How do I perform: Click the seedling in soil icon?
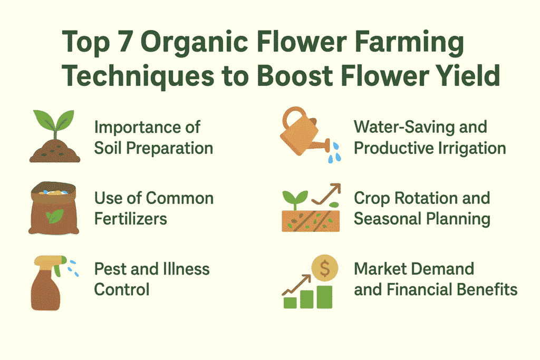point(54,136)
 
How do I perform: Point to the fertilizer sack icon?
point(54,208)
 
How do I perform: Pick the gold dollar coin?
point(324,268)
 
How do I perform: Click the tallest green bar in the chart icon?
point(324,297)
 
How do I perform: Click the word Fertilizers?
point(131,219)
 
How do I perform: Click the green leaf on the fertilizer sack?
point(55,216)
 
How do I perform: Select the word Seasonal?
point(387,219)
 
